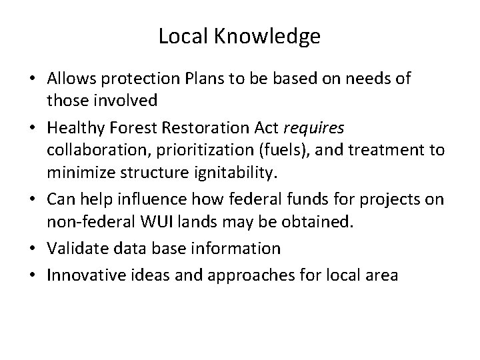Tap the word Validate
pos(75,248)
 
